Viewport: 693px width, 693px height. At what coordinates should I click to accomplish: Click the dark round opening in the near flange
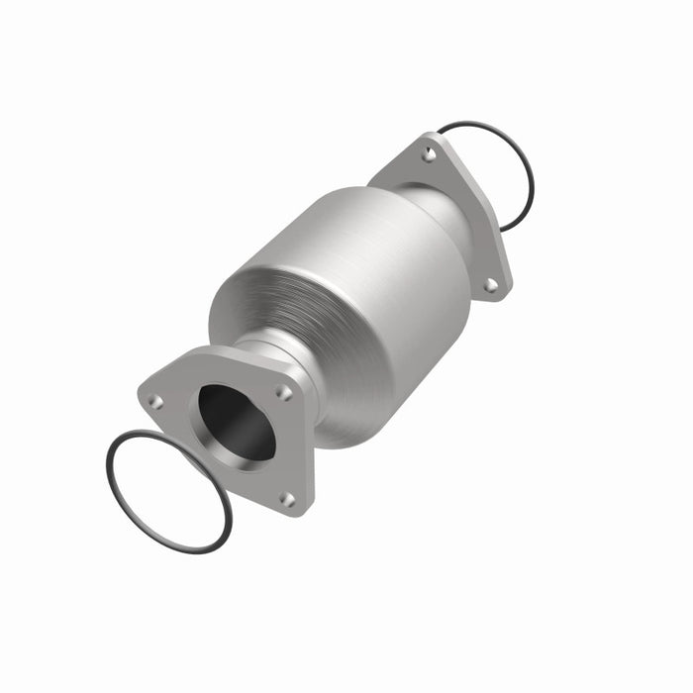point(236,421)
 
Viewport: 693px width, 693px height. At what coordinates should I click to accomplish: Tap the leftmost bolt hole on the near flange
point(155,401)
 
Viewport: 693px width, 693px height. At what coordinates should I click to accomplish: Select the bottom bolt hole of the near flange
point(286,499)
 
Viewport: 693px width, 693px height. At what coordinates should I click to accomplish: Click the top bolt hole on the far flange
point(429,154)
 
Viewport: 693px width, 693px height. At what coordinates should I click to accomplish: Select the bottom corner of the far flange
point(505,295)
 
